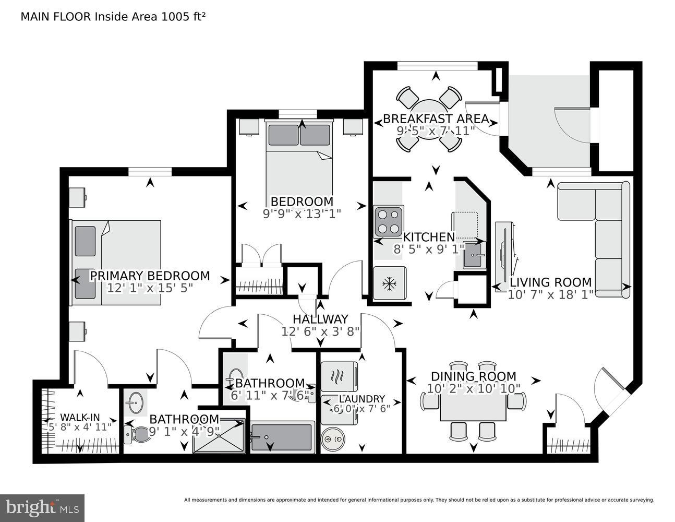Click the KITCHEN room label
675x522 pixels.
pos(429,238)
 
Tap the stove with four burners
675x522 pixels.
pos(389,221)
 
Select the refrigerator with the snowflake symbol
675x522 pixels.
pos(389,284)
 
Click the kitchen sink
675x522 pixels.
pos(474,255)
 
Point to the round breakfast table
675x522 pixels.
pos(428,119)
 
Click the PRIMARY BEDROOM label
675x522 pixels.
pos(150,276)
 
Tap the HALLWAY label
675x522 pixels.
pos(320,319)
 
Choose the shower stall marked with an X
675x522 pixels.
pos(219,436)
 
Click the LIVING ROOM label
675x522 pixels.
pos(550,282)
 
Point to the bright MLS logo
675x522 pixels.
pos(42,507)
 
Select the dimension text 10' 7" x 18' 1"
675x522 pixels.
pos(550,295)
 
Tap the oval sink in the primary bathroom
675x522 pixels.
pos(136,403)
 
